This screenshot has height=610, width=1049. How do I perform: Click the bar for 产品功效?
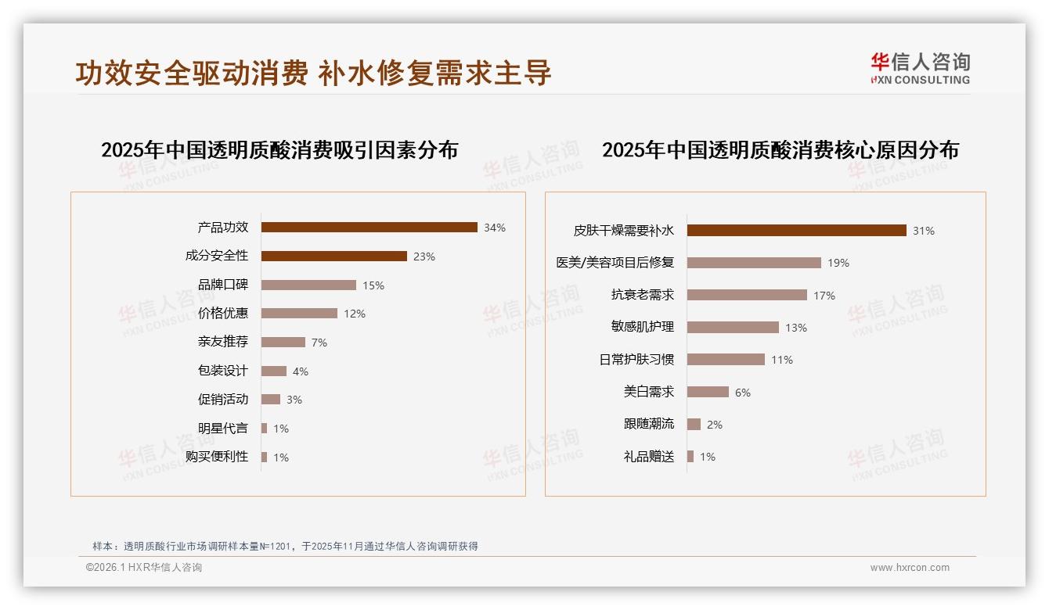click(369, 228)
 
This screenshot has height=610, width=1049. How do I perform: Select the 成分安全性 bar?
click(333, 256)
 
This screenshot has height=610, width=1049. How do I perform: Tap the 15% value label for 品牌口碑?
click(373, 285)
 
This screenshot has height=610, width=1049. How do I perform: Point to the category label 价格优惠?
click(223, 313)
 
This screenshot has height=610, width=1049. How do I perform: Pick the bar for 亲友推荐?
click(283, 342)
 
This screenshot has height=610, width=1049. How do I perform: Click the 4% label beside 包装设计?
click(301, 371)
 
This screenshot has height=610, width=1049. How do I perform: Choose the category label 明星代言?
click(223, 428)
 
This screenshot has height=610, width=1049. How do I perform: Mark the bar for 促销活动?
click(270, 400)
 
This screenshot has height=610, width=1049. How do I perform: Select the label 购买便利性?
click(217, 456)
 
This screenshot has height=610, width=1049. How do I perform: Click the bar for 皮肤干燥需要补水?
click(796, 231)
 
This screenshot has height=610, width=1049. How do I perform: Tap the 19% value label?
click(838, 263)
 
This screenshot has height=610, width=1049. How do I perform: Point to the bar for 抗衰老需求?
click(747, 295)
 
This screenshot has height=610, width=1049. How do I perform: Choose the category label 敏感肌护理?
click(642, 327)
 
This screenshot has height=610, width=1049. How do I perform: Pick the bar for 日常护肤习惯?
click(726, 360)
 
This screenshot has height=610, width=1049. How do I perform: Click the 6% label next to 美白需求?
click(743, 393)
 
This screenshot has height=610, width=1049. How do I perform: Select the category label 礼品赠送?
click(648, 457)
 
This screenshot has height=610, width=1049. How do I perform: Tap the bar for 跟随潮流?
click(694, 424)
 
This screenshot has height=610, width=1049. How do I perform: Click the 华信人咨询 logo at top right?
click(920, 68)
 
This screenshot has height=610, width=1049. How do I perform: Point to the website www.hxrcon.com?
click(910, 568)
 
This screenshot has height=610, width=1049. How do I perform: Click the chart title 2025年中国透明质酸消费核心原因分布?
click(780, 150)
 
